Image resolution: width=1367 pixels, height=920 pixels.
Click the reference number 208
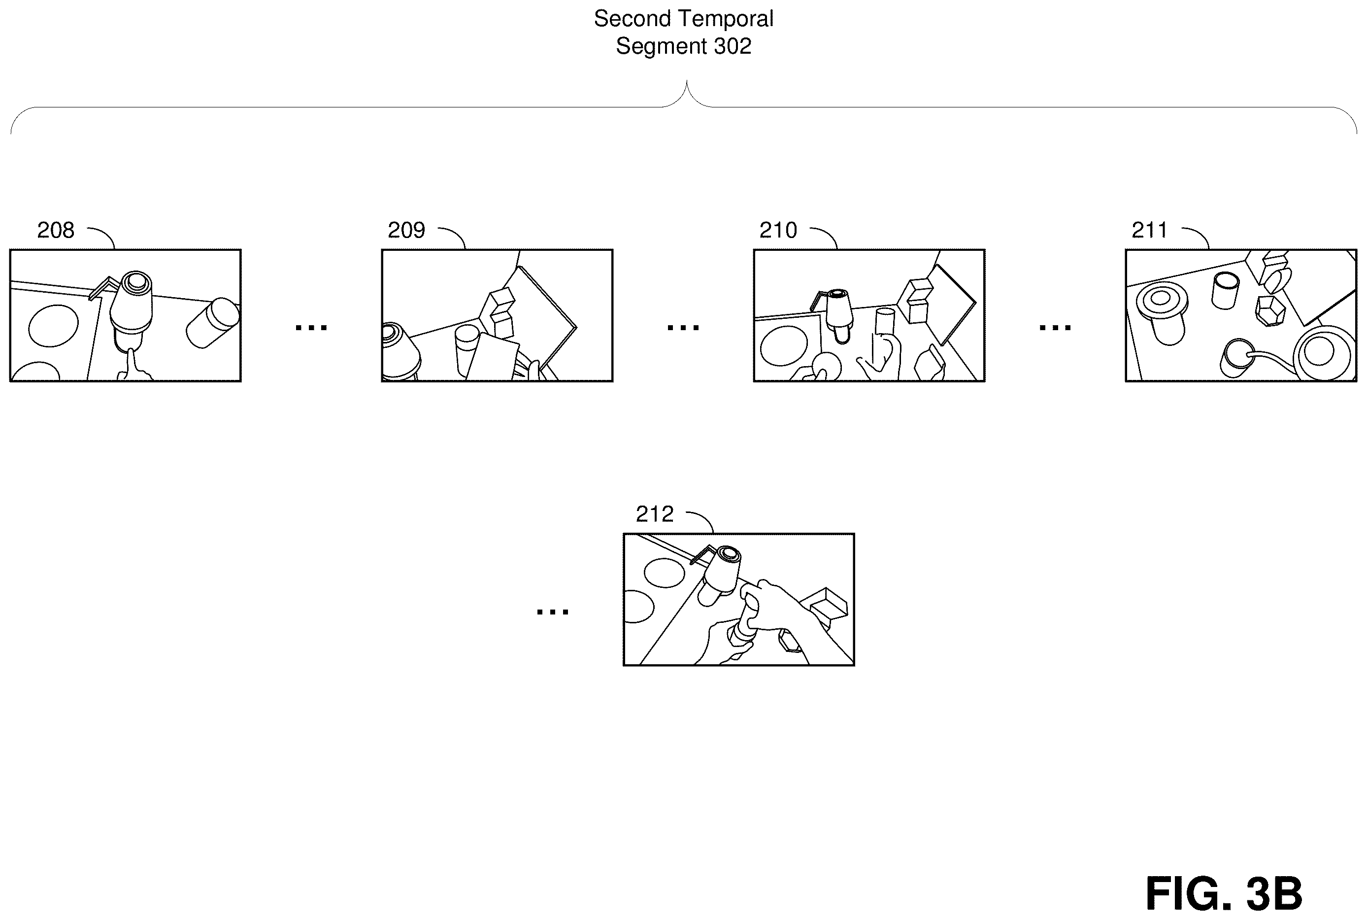(x=56, y=230)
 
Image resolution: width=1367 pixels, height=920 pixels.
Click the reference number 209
(x=406, y=230)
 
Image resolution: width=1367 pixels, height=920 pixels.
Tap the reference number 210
(x=778, y=230)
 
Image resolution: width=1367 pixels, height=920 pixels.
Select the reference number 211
(x=1149, y=230)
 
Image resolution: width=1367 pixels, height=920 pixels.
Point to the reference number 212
(x=655, y=514)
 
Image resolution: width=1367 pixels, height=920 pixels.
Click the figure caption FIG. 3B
(x=1224, y=893)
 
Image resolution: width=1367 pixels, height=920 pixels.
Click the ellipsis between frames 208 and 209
(x=311, y=327)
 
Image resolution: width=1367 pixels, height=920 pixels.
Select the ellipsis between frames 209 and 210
(x=683, y=327)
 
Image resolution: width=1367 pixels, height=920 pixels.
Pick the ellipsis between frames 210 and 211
(x=1055, y=327)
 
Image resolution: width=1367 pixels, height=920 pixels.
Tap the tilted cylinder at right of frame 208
(x=213, y=323)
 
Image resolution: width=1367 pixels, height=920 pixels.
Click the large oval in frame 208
(x=53, y=326)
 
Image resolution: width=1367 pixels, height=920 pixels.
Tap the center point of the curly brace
(x=686, y=82)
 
